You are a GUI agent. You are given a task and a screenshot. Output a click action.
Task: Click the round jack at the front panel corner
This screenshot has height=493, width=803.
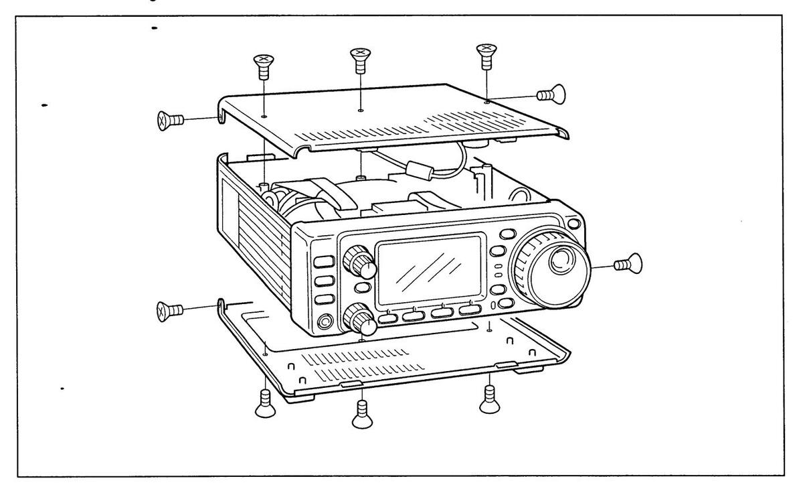click(x=325, y=322)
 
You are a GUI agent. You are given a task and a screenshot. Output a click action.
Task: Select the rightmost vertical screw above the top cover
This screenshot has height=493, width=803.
click(x=484, y=56)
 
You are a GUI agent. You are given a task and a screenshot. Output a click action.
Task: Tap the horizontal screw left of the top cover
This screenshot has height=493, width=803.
click(x=171, y=120)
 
